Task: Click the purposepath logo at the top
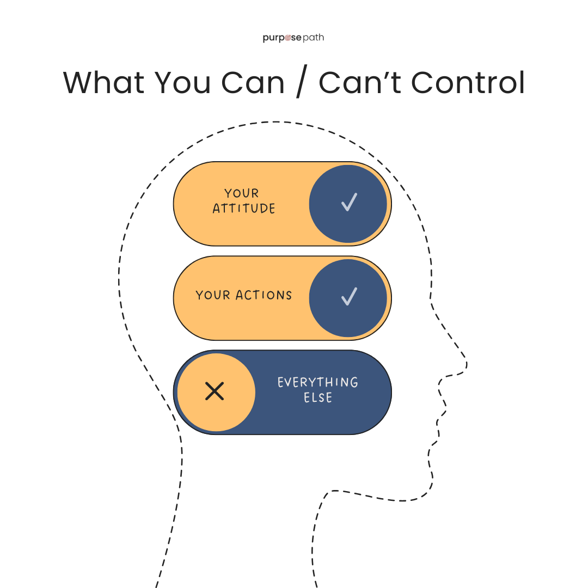point(293,38)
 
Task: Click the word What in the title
point(103,83)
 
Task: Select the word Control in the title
point(468,83)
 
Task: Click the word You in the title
point(183,83)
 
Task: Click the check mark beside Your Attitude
point(348,202)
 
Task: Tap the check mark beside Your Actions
point(348,296)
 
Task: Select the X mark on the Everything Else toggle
point(215,391)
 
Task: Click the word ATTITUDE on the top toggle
point(244,209)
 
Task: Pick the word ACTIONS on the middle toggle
point(264,296)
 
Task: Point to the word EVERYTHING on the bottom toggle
point(318,382)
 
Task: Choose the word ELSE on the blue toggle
point(318,398)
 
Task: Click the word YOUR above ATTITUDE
point(242,193)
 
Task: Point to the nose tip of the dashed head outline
point(466,362)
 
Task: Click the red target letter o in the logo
point(289,38)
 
